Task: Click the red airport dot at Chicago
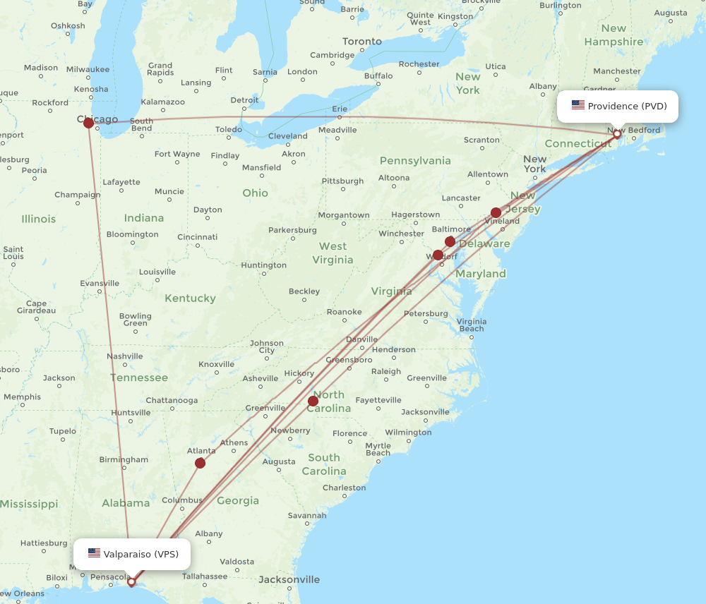(x=88, y=123)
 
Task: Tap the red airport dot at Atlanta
(x=200, y=463)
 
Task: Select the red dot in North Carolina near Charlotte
(x=313, y=401)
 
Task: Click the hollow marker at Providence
(x=617, y=133)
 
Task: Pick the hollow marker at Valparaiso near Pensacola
(x=131, y=582)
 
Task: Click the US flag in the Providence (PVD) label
(x=578, y=106)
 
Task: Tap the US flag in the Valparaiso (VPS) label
(x=94, y=554)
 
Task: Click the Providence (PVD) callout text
(x=627, y=106)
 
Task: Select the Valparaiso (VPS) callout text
(x=140, y=554)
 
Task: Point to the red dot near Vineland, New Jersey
(x=496, y=212)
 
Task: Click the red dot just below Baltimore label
(x=450, y=241)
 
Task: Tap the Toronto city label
(x=361, y=42)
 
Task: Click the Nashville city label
(x=125, y=356)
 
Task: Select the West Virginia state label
(x=333, y=253)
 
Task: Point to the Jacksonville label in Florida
(x=289, y=579)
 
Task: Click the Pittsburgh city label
(x=342, y=181)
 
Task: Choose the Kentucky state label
(x=190, y=298)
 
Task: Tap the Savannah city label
(x=307, y=515)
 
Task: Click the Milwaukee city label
(x=89, y=69)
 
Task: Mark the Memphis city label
(x=22, y=397)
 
